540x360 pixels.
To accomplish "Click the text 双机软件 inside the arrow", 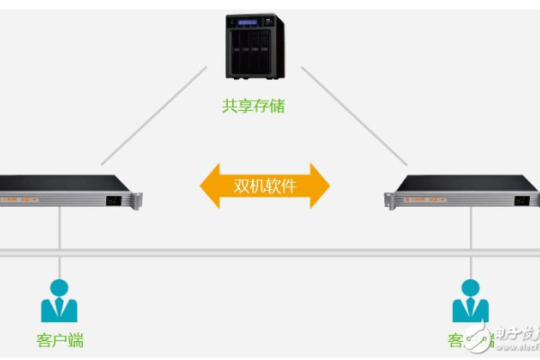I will click(x=265, y=186).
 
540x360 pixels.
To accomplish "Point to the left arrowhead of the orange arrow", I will click(x=210, y=186).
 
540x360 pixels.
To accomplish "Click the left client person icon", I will click(x=59, y=301).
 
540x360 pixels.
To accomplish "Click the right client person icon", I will click(x=470, y=301).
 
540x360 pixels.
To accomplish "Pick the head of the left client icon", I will click(x=59, y=288).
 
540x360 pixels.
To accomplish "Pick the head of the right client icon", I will click(x=470, y=288).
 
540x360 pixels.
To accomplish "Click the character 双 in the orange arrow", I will click(x=241, y=186).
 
